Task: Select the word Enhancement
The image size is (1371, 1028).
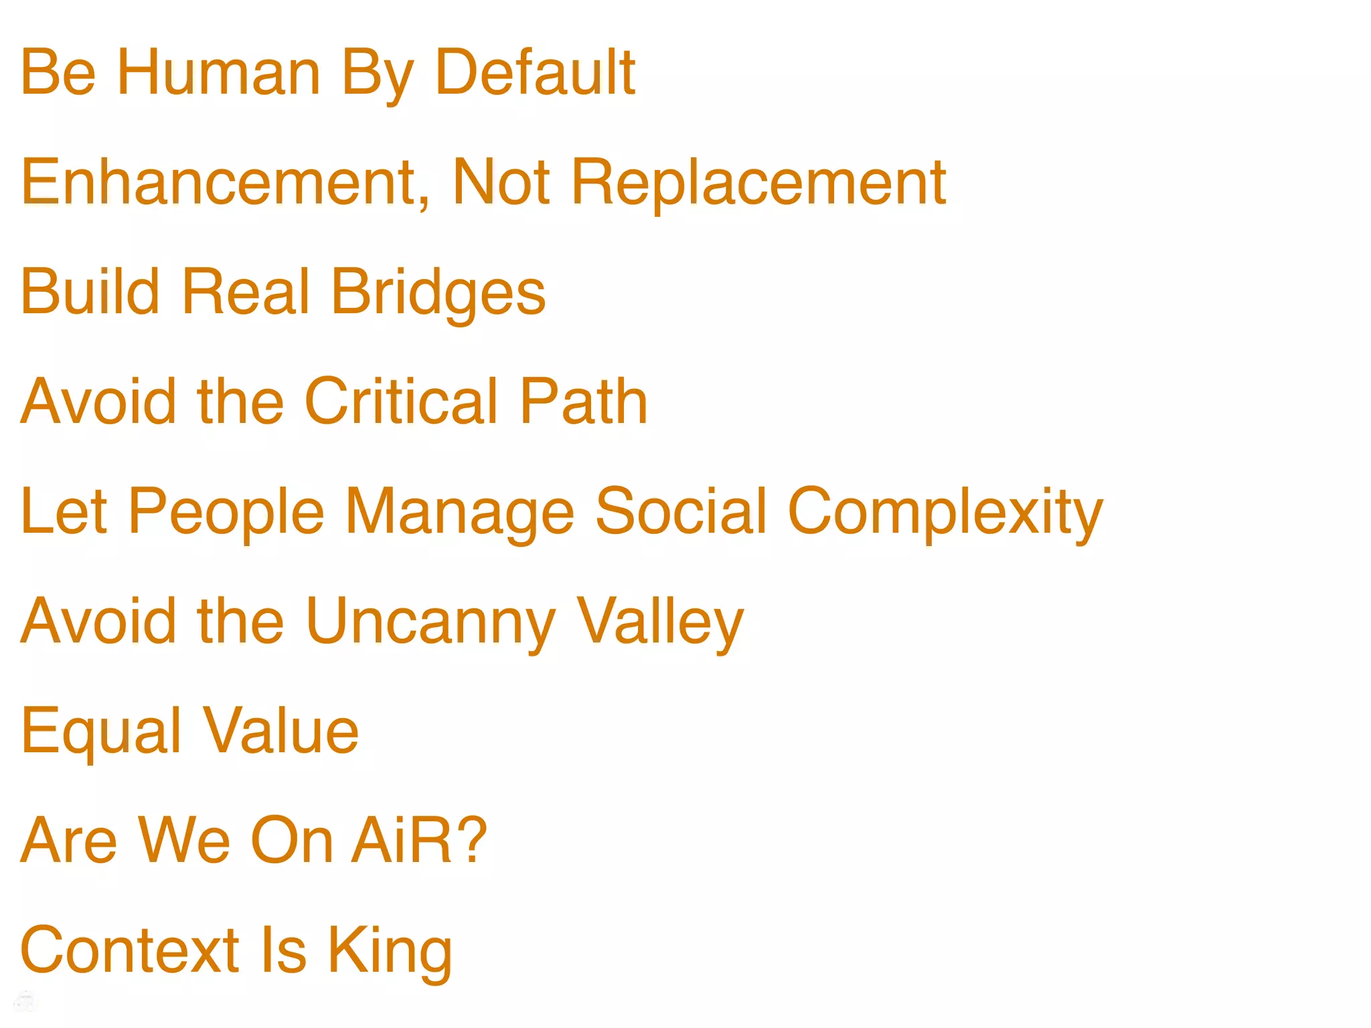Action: click(218, 182)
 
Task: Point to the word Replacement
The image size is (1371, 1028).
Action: click(758, 182)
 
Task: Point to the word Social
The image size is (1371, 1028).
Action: click(681, 511)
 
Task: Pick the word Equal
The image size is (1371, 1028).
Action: click(101, 732)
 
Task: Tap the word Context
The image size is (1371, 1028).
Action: click(130, 950)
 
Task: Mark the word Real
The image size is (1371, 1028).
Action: click(246, 292)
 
